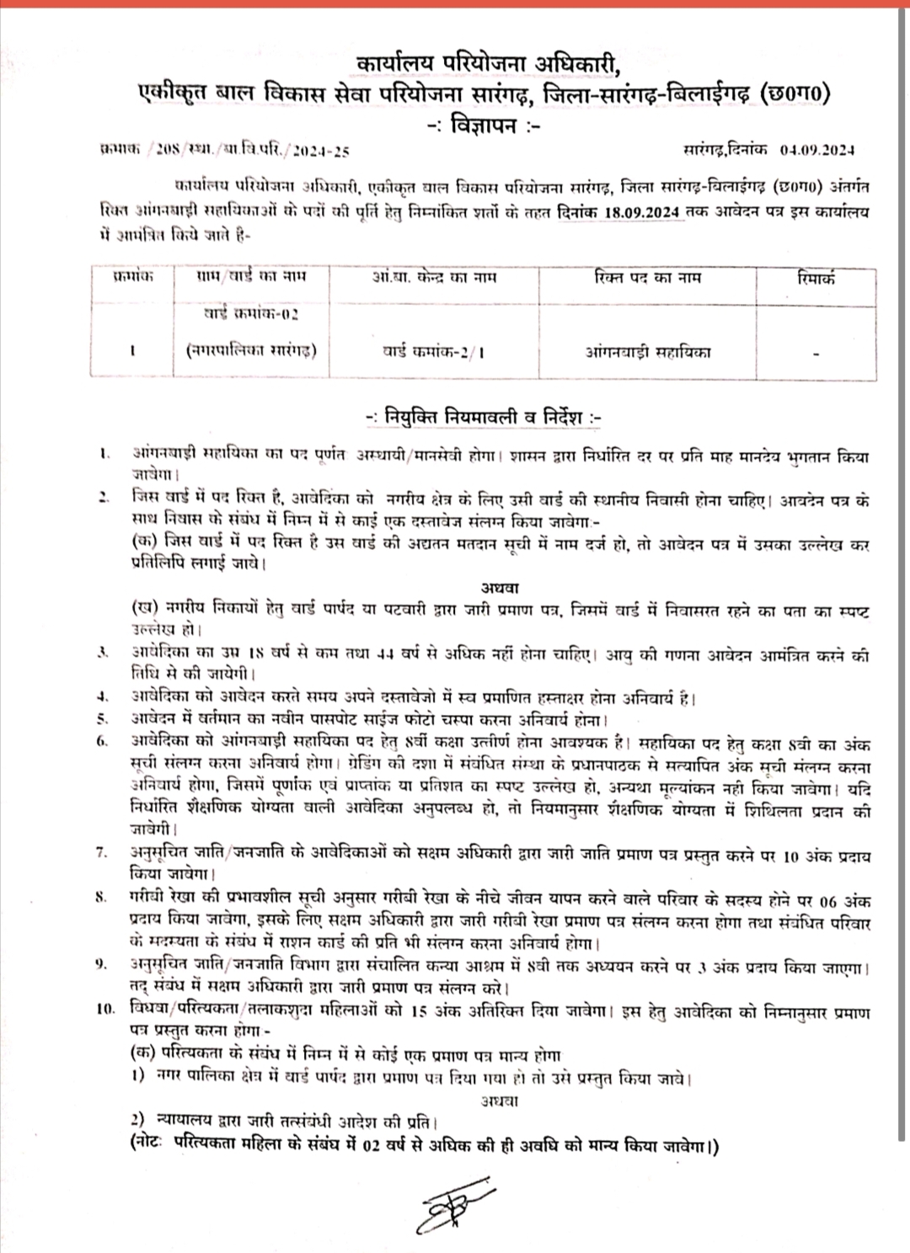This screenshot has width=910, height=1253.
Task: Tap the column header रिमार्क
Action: click(816, 277)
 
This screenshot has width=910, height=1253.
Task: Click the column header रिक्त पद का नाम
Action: click(647, 277)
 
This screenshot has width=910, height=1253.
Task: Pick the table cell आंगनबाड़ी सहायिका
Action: click(647, 351)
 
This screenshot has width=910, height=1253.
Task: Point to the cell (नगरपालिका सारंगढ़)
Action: click(251, 350)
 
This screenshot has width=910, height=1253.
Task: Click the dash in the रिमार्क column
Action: click(816, 355)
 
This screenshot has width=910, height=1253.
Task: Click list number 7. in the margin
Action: click(102, 854)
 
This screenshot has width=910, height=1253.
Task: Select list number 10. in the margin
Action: click(105, 1010)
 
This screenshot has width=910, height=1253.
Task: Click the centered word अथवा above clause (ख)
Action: click(500, 587)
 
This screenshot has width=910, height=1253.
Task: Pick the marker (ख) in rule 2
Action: click(143, 608)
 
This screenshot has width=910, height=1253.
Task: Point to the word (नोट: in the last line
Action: click(148, 1144)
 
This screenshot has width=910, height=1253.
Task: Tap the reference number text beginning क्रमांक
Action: click(223, 152)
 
